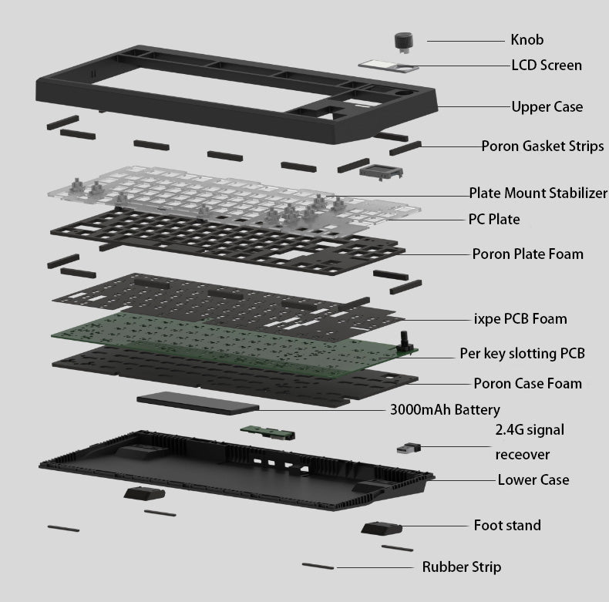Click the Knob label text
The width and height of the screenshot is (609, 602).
click(x=527, y=40)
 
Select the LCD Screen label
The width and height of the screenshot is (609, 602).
click(x=547, y=66)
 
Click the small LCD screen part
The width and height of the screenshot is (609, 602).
click(x=389, y=66)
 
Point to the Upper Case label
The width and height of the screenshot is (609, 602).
click(x=547, y=106)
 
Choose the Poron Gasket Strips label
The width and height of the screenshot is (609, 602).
click(x=543, y=146)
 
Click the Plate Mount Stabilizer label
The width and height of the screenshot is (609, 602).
click(x=538, y=193)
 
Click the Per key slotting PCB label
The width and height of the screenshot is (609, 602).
click(x=522, y=354)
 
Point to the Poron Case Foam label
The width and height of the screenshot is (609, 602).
click(x=527, y=383)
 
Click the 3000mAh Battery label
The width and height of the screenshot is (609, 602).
click(x=445, y=410)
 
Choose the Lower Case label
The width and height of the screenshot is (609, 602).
click(x=533, y=479)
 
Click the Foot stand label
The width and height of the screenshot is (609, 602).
click(x=506, y=526)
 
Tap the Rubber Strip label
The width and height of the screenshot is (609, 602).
click(x=461, y=567)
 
